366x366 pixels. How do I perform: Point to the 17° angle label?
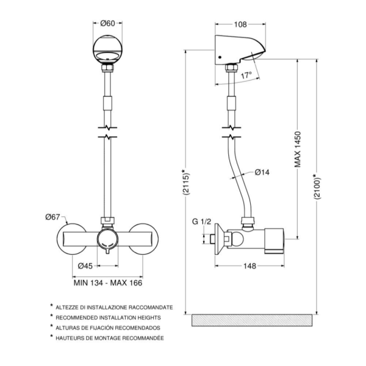pos(246,77)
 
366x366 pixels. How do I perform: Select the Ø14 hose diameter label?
pos(262,172)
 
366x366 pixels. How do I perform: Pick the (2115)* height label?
pos(184,182)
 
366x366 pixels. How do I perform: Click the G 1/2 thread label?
pos(201,221)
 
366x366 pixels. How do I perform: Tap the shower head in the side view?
pos(240,50)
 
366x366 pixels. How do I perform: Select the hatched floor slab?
pos(253,320)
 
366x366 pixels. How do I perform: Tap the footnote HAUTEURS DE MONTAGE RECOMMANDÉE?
pos(110,337)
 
